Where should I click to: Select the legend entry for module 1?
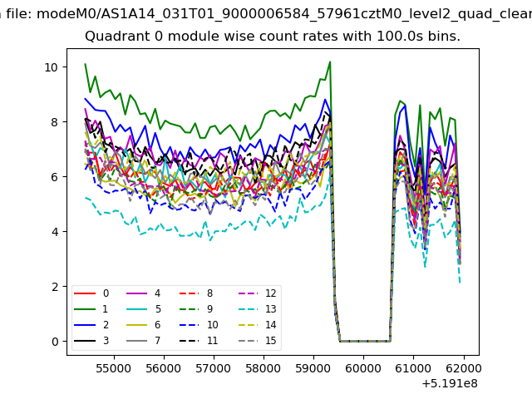[x=91, y=309]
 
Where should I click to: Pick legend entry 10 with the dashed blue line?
[x=199, y=325]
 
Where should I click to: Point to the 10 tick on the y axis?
[x=52, y=67]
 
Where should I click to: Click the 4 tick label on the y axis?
[x=55, y=232]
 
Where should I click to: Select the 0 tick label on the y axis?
[x=55, y=342]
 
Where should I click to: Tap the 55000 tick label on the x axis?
[x=114, y=368]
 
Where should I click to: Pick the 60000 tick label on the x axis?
[x=363, y=368]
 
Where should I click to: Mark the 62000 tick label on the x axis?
[x=464, y=368]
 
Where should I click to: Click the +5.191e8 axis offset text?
[x=450, y=384]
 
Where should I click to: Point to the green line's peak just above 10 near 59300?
[x=330, y=62]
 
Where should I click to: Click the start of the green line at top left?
[x=85, y=64]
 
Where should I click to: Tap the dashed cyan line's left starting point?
[x=85, y=198]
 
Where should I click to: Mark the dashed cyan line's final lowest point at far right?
[x=460, y=283]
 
